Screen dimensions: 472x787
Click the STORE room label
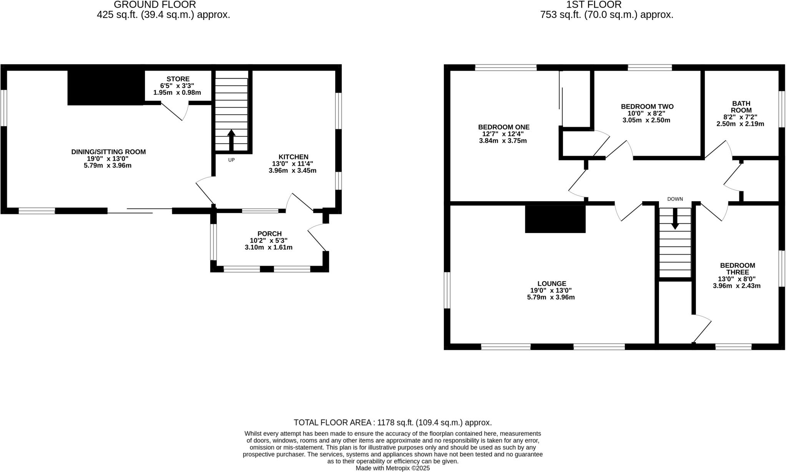coord(178,79)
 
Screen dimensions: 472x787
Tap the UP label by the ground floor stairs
coord(231,160)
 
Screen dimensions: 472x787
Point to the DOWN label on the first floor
coord(675,199)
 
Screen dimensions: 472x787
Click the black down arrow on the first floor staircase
coord(675,220)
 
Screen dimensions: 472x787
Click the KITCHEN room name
coord(293,157)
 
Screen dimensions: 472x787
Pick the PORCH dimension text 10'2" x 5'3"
coord(269,240)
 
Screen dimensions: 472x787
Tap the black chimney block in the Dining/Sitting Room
coord(106,88)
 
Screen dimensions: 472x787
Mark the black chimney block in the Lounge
coord(555,219)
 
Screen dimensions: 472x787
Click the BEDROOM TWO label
coord(647,106)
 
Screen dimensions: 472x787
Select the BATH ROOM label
coord(741,107)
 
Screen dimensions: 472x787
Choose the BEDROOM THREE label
coord(737,268)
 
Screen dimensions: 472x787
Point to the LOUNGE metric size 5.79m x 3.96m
coord(551,297)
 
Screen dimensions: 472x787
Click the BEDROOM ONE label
coord(503,127)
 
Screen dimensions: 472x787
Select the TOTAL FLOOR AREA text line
coord(392,422)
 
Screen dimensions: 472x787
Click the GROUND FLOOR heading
coord(155,5)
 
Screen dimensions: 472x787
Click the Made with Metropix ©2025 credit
coord(392,468)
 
